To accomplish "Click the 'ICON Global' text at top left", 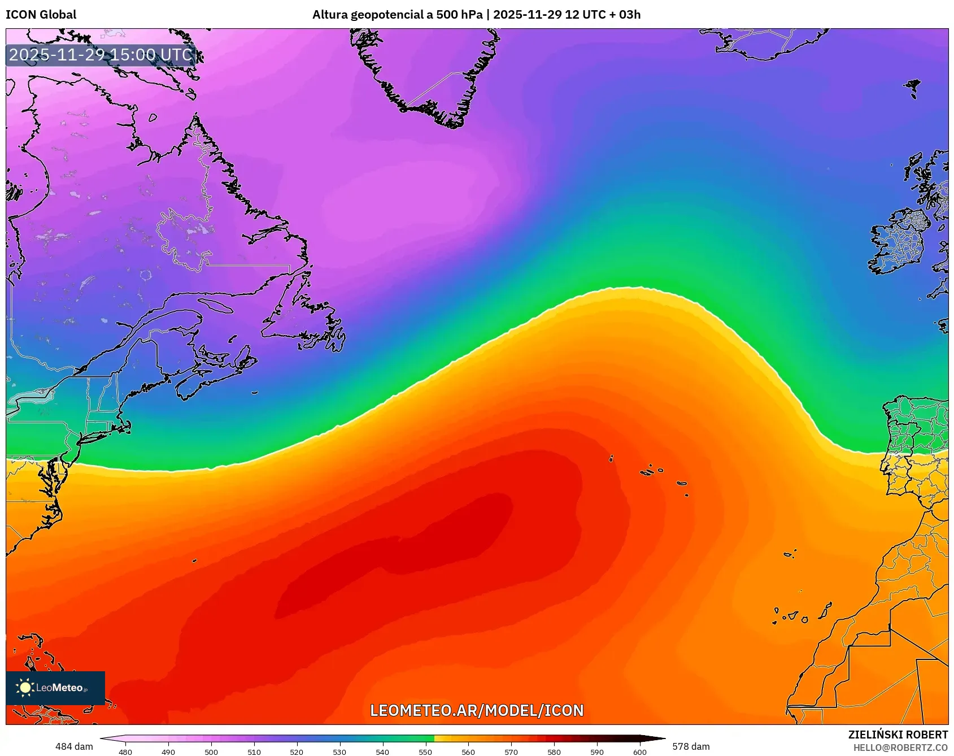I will point(41,15).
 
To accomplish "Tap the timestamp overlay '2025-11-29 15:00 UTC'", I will point(101,55).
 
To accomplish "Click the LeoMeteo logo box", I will point(55,688).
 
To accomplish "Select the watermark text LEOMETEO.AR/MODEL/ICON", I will point(477,710).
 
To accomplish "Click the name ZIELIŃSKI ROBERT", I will point(898,735).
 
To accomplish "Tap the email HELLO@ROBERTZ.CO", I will point(900,748).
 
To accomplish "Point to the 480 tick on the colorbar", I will point(125,751).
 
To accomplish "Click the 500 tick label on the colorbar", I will point(211,751).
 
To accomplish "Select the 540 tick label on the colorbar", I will point(382,751).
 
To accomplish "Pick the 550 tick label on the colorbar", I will point(425,751).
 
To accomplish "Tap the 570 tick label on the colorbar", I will point(511,751).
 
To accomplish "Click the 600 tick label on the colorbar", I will point(639,751).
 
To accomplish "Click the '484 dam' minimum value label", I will point(74,746).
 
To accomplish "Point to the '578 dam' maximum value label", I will point(691,746).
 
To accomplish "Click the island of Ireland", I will point(900,243).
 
